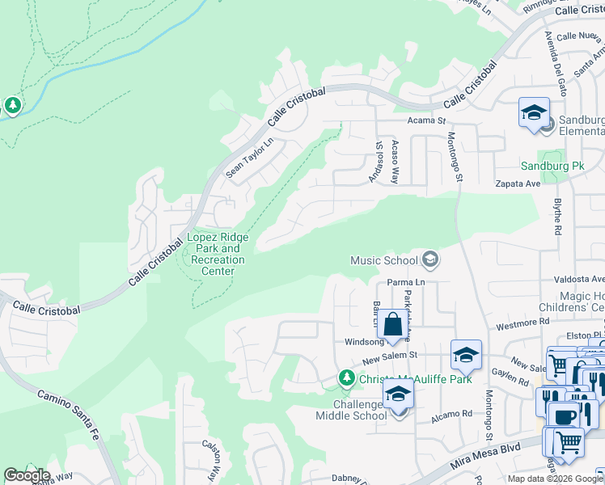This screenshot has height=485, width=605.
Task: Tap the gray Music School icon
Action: pos(431,259)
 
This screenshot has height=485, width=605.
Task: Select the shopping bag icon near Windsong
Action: pos(392,325)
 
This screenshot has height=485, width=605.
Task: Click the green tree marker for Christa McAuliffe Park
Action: pos(346,377)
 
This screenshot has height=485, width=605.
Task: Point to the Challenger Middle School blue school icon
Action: pos(398,394)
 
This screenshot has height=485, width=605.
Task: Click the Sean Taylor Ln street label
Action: pos(250,157)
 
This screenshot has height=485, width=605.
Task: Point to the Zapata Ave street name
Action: pos(518,184)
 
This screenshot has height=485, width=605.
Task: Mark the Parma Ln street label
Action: pos(405,282)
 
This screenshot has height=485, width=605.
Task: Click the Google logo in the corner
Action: pos(27,475)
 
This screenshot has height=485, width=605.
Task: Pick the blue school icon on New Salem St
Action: pos(466,355)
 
